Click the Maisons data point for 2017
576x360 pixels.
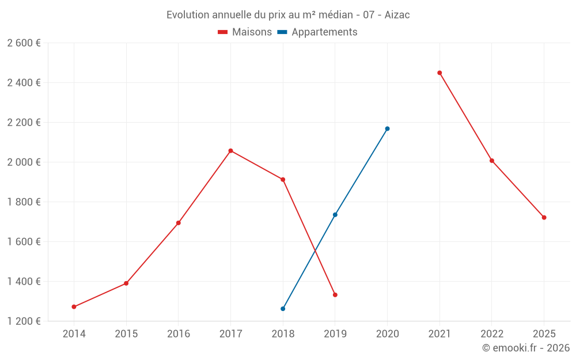(230, 151)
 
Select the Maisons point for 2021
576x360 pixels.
(439, 73)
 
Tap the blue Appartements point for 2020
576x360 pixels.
(387, 128)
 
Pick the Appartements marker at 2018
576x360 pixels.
(283, 309)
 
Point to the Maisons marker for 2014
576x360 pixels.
(74, 307)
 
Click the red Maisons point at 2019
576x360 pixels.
(335, 295)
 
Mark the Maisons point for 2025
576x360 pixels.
(544, 217)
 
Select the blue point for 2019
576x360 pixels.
(335, 215)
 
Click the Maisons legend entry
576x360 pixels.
(245, 32)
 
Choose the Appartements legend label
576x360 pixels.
(324, 32)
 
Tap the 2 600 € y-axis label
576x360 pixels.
(24, 43)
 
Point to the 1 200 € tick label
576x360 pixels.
(24, 321)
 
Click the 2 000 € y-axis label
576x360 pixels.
(24, 162)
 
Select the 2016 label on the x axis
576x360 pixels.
(179, 334)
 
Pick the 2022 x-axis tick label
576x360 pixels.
(492, 334)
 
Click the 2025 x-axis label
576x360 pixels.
(544, 334)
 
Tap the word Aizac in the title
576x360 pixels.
(397, 15)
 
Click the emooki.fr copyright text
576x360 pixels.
(525, 348)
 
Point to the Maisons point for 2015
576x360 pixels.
(126, 283)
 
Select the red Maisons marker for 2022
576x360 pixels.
(492, 161)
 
